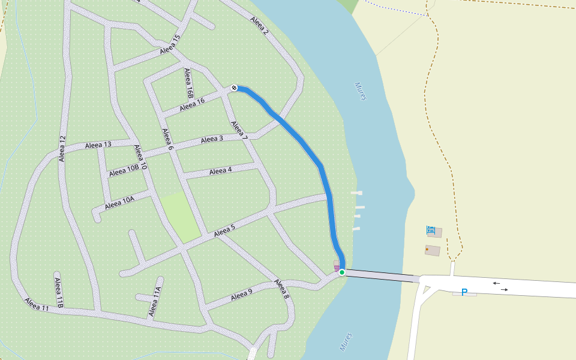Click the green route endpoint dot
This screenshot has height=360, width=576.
click(342, 272)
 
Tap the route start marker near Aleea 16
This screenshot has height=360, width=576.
click(234, 88)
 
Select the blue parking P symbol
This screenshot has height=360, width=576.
click(464, 292)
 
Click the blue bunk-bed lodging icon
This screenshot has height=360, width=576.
click(430, 229)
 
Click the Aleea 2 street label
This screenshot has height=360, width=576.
click(259, 25)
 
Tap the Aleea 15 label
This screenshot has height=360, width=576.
click(170, 46)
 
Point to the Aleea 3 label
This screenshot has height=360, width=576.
click(212, 139)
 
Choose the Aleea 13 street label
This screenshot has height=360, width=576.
click(98, 145)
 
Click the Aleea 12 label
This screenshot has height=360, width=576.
click(62, 148)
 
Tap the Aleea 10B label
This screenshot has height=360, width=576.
click(124, 170)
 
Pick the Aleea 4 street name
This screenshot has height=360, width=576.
click(220, 172)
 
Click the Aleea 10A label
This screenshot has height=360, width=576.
click(119, 202)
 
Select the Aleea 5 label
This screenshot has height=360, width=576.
click(224, 230)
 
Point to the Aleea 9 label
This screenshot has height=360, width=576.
click(242, 294)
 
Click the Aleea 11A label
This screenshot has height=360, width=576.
click(155, 301)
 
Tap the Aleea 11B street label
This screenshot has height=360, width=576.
click(59, 293)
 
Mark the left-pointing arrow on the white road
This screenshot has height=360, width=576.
click(496, 283)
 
